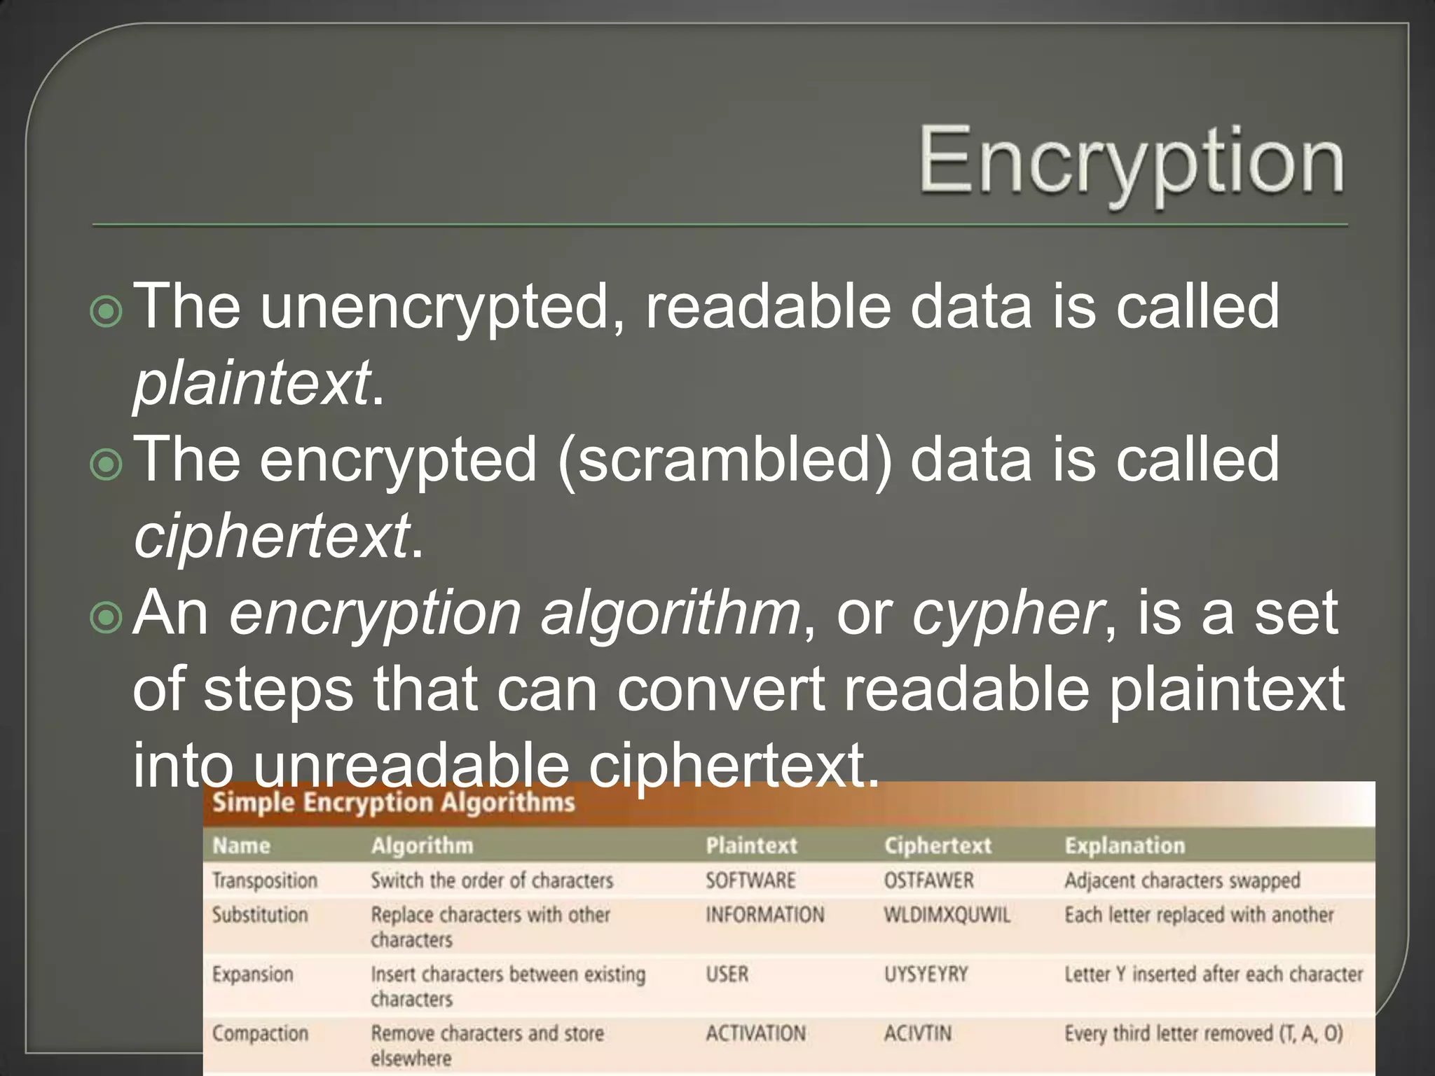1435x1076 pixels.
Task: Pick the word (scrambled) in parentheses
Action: pyautogui.click(x=725, y=460)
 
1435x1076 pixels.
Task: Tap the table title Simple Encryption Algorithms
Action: pyautogui.click(x=393, y=803)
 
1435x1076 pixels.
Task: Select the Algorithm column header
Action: pyautogui.click(x=422, y=846)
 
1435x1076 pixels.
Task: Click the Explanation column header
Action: pyautogui.click(x=1125, y=846)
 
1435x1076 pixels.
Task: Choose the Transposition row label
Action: pyautogui.click(x=265, y=881)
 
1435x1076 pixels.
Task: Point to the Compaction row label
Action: pyautogui.click(x=260, y=1033)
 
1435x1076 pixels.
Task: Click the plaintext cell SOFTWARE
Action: pyautogui.click(x=750, y=881)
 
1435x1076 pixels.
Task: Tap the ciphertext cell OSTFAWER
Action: pyautogui.click(x=928, y=881)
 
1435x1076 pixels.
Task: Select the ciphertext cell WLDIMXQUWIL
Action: pyautogui.click(x=947, y=915)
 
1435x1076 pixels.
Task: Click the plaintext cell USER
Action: pyautogui.click(x=727, y=974)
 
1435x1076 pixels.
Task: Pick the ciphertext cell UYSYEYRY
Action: pyautogui.click(x=926, y=974)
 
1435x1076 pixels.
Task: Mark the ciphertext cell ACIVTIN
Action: pyautogui.click(x=917, y=1033)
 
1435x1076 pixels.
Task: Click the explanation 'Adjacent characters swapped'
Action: pyautogui.click(x=1182, y=881)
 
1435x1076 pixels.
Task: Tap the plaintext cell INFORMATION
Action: pyautogui.click(x=764, y=915)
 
